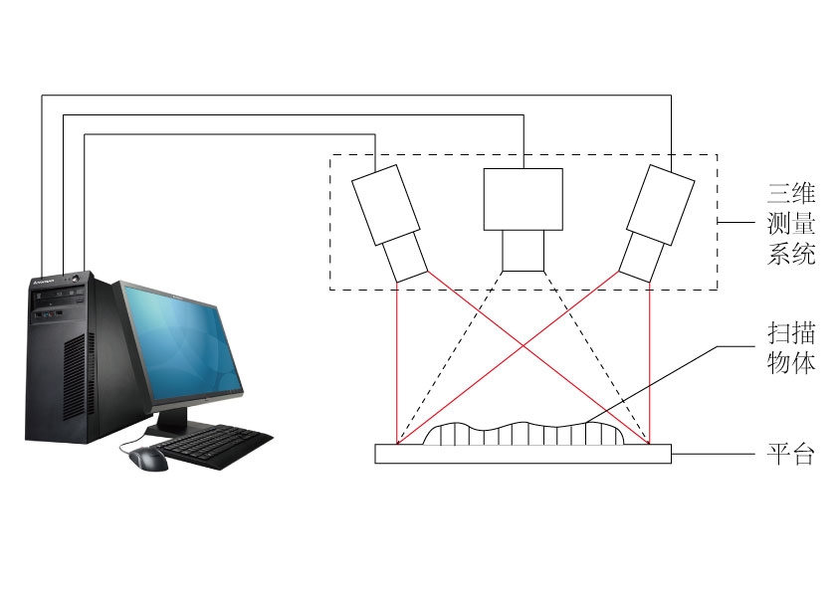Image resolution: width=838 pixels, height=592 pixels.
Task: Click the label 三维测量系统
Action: pyautogui.click(x=791, y=223)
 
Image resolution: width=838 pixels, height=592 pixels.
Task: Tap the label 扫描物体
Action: pyautogui.click(x=791, y=348)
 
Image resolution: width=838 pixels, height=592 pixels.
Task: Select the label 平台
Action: pyautogui.click(x=791, y=454)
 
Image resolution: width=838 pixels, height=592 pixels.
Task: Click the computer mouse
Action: pyautogui.click(x=147, y=459)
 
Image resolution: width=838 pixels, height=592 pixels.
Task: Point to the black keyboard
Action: pyautogui.click(x=214, y=446)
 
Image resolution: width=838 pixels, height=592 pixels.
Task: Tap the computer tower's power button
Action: pyautogui.click(x=75, y=278)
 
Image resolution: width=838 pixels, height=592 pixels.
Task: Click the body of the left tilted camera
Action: pyautogui.click(x=385, y=205)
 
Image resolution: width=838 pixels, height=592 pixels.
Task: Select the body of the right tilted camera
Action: pyautogui.click(x=661, y=205)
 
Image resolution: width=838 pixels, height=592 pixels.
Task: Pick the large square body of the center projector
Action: pyautogui.click(x=524, y=199)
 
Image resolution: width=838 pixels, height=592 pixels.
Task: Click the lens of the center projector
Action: pyautogui.click(x=524, y=251)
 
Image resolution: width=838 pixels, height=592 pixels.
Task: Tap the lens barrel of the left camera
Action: pyautogui.click(x=405, y=258)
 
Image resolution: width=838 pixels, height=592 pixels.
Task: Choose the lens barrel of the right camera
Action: pyautogui.click(x=641, y=258)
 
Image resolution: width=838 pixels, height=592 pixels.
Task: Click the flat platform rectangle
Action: pyautogui.click(x=524, y=454)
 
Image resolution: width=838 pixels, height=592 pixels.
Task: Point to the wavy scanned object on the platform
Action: pyautogui.click(x=524, y=434)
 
